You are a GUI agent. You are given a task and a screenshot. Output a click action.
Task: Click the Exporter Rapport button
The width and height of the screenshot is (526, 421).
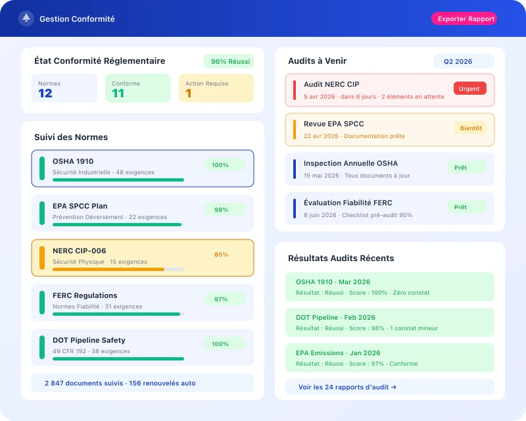tap(464, 18)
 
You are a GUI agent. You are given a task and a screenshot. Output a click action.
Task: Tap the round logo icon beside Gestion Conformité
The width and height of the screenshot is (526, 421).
tap(26, 18)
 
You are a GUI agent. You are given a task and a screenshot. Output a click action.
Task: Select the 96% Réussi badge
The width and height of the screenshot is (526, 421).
tap(229, 61)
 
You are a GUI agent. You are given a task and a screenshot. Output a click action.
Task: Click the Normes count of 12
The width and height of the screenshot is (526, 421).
tap(45, 93)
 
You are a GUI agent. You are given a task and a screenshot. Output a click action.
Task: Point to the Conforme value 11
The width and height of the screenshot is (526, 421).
tap(118, 93)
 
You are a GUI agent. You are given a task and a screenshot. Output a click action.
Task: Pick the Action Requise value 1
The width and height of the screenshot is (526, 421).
tap(189, 93)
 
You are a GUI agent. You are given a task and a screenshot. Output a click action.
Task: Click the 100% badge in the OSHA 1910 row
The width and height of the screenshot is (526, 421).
tap(220, 165)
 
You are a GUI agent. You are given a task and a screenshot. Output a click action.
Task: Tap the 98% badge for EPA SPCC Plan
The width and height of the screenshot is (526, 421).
tap(221, 210)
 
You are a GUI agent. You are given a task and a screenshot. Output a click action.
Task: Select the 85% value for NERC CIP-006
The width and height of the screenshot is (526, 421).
tap(221, 255)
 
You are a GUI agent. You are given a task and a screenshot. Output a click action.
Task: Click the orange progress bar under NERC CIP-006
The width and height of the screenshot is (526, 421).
tap(108, 269)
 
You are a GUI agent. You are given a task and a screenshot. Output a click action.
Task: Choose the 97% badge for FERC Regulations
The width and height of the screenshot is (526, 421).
tap(221, 299)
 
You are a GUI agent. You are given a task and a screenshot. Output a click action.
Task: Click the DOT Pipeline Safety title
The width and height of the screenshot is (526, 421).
tap(89, 340)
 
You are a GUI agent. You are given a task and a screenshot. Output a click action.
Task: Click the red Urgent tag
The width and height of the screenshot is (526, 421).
tap(469, 88)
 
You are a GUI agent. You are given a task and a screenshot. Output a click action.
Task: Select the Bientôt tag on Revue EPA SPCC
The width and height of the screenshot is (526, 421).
tap(471, 128)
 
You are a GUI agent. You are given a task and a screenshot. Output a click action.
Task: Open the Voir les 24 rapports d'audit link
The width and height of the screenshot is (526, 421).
tap(347, 387)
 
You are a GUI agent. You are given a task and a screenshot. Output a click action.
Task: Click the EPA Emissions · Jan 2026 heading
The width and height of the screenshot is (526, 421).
tap(338, 353)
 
